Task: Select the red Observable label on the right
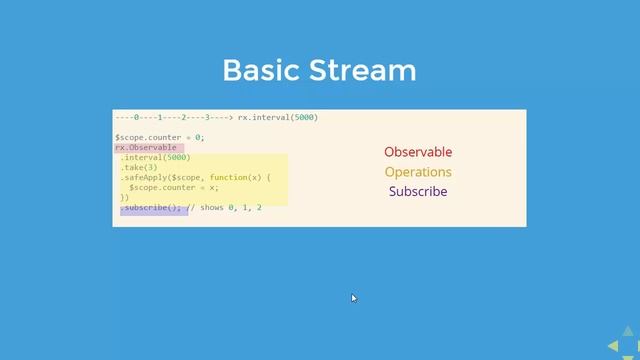coord(418,152)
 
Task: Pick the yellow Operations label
coord(418,172)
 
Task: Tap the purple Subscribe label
coord(418,191)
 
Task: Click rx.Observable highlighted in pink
coord(146,147)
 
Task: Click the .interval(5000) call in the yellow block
coord(155,157)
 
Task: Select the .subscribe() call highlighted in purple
coord(151,207)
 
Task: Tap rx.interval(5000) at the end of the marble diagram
coord(278,117)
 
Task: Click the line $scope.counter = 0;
coord(159,137)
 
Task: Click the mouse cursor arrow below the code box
coord(353,297)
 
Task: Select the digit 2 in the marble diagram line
coord(183,117)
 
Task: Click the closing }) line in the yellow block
coord(124,197)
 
